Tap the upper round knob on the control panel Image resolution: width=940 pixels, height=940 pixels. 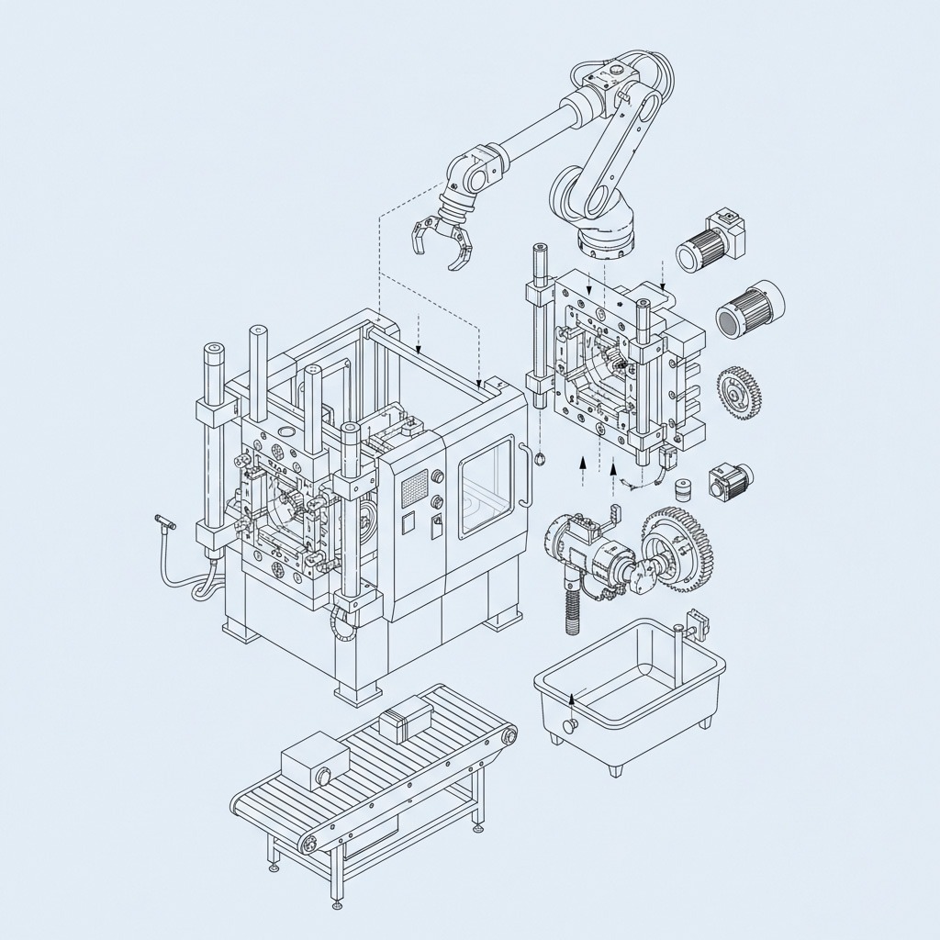point(437,476)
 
